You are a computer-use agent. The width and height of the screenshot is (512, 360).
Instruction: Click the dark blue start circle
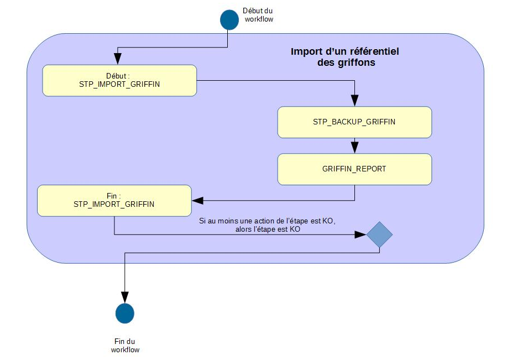coord(229,19)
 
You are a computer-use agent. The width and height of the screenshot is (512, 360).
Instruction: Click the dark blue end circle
coord(125,314)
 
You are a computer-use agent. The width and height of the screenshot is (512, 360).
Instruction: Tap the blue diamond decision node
coord(379,234)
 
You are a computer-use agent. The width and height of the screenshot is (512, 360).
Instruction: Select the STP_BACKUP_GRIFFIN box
coord(354,122)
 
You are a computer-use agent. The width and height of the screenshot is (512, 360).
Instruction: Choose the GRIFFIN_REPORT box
coord(354,169)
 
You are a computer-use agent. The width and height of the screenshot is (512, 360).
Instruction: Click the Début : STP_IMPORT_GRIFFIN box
coord(119,80)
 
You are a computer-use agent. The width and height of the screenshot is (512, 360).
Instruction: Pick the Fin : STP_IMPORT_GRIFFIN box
coord(114,200)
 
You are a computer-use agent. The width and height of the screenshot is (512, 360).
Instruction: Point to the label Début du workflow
coord(258,15)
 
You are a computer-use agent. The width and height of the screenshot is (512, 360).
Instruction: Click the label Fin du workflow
coord(125,346)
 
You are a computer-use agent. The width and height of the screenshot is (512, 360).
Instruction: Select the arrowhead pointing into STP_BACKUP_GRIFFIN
coord(354,102)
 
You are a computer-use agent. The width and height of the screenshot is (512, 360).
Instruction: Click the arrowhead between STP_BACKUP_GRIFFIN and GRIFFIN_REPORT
coord(354,148)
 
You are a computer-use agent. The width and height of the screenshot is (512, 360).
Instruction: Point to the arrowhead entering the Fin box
coord(196,200)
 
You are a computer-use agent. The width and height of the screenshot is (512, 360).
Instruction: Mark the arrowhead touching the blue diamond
coord(362,234)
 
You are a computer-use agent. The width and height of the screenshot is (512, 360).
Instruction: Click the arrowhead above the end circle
coord(125,299)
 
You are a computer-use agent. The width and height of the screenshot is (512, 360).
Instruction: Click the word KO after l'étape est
coord(295,229)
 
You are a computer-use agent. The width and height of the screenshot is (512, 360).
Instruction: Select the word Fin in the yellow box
coord(110,196)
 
